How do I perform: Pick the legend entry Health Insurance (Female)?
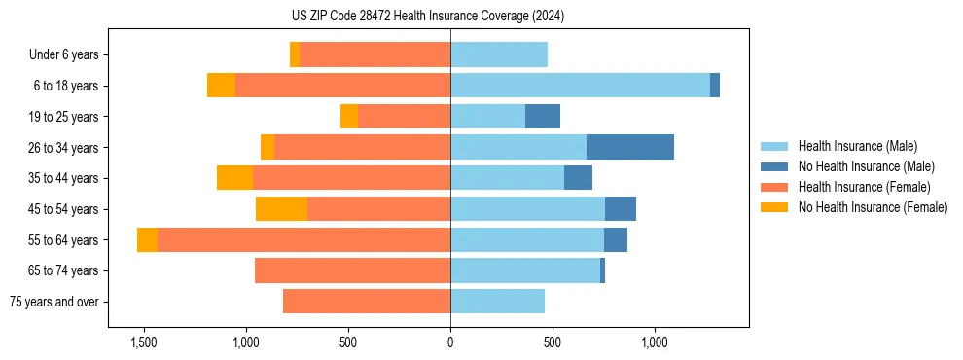pyautogui.click(x=864, y=187)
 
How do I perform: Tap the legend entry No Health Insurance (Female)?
pyautogui.click(x=873, y=207)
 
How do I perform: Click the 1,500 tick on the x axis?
pyautogui.click(x=143, y=342)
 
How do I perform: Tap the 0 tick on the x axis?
pyautogui.click(x=450, y=342)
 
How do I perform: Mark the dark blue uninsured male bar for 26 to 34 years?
pyautogui.click(x=630, y=147)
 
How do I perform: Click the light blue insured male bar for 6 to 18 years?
pyautogui.click(x=580, y=86)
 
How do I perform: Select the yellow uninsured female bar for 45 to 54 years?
pyautogui.click(x=281, y=209)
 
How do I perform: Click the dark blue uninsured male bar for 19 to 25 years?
pyautogui.click(x=543, y=117)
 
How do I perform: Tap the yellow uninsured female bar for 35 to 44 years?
pyautogui.click(x=234, y=178)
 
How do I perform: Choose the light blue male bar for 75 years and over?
pyautogui.click(x=497, y=302)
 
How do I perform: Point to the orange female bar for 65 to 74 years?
pyautogui.click(x=352, y=270)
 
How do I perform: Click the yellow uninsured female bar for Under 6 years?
pyautogui.click(x=295, y=55)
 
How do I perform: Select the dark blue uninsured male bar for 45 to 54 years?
pyautogui.click(x=621, y=209)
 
